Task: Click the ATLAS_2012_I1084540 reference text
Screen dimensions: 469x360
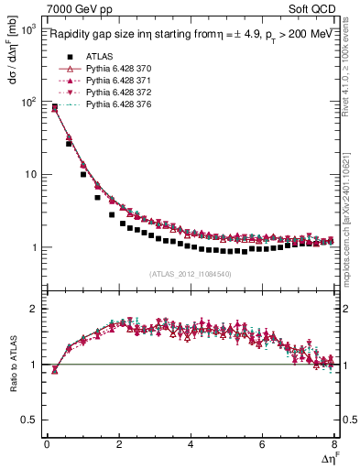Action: click(190, 273)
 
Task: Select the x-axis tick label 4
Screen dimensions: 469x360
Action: click(191, 444)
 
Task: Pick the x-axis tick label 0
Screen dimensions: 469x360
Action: click(47, 444)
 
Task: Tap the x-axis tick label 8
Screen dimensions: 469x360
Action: click(334, 444)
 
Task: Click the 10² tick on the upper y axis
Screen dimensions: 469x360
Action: click(28, 102)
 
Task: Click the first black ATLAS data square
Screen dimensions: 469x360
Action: click(54, 108)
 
